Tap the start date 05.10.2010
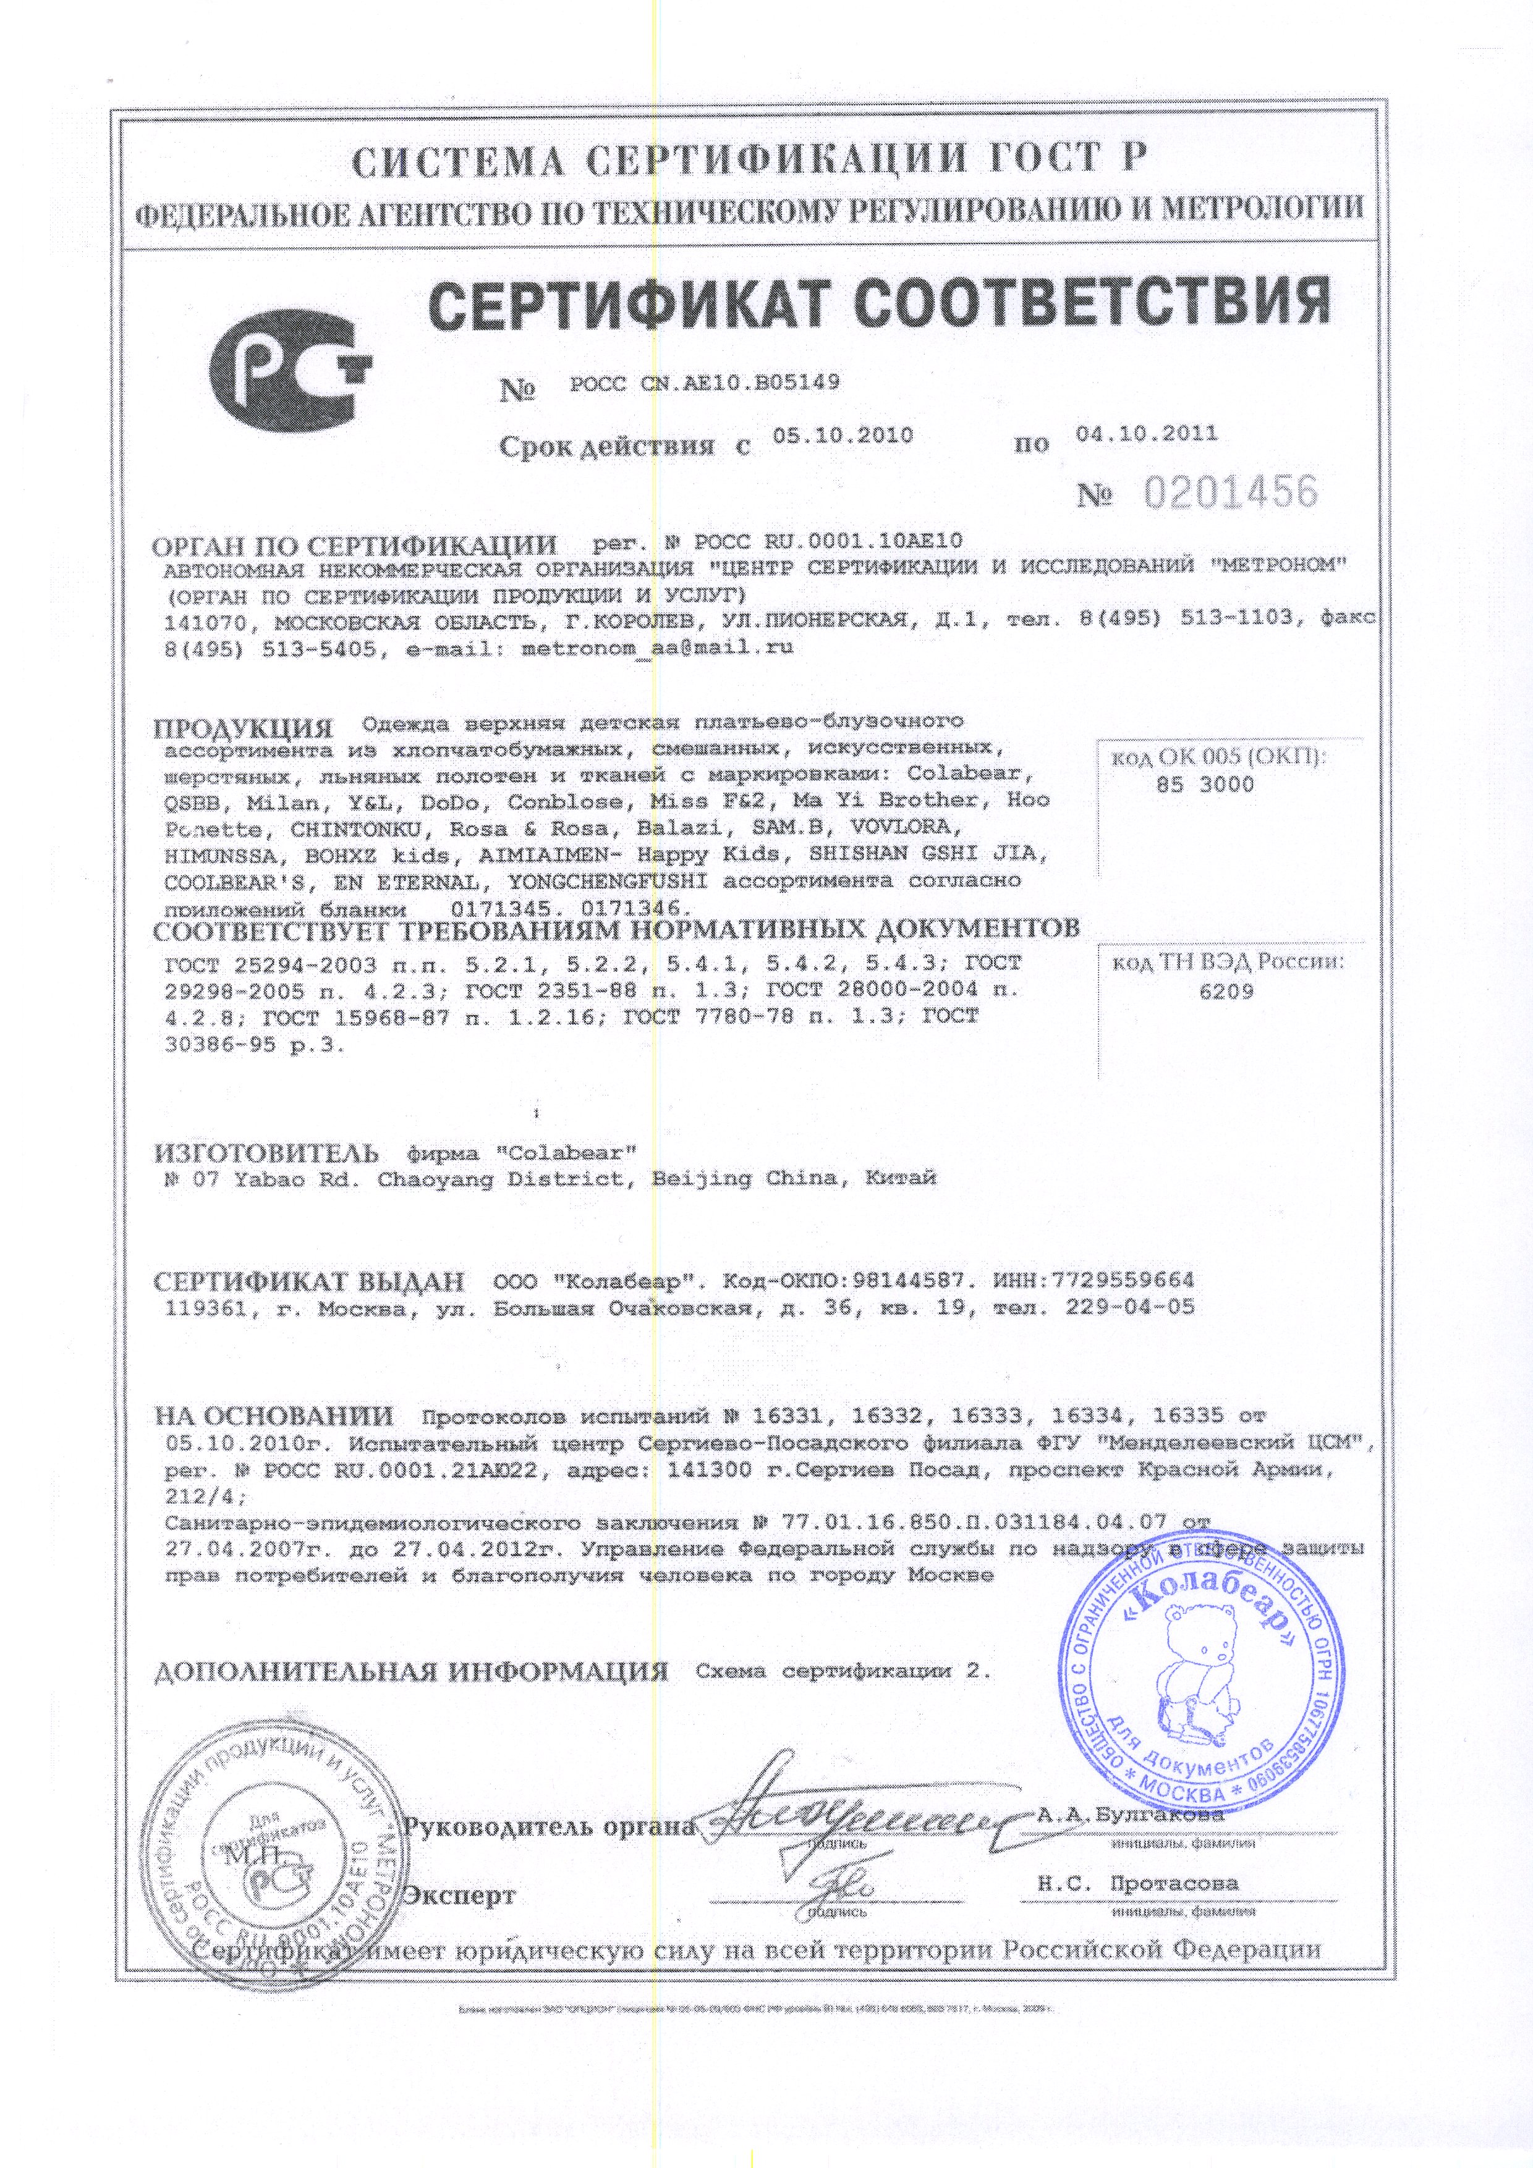click(843, 436)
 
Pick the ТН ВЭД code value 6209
click(1226, 992)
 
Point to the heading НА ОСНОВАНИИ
click(274, 1415)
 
